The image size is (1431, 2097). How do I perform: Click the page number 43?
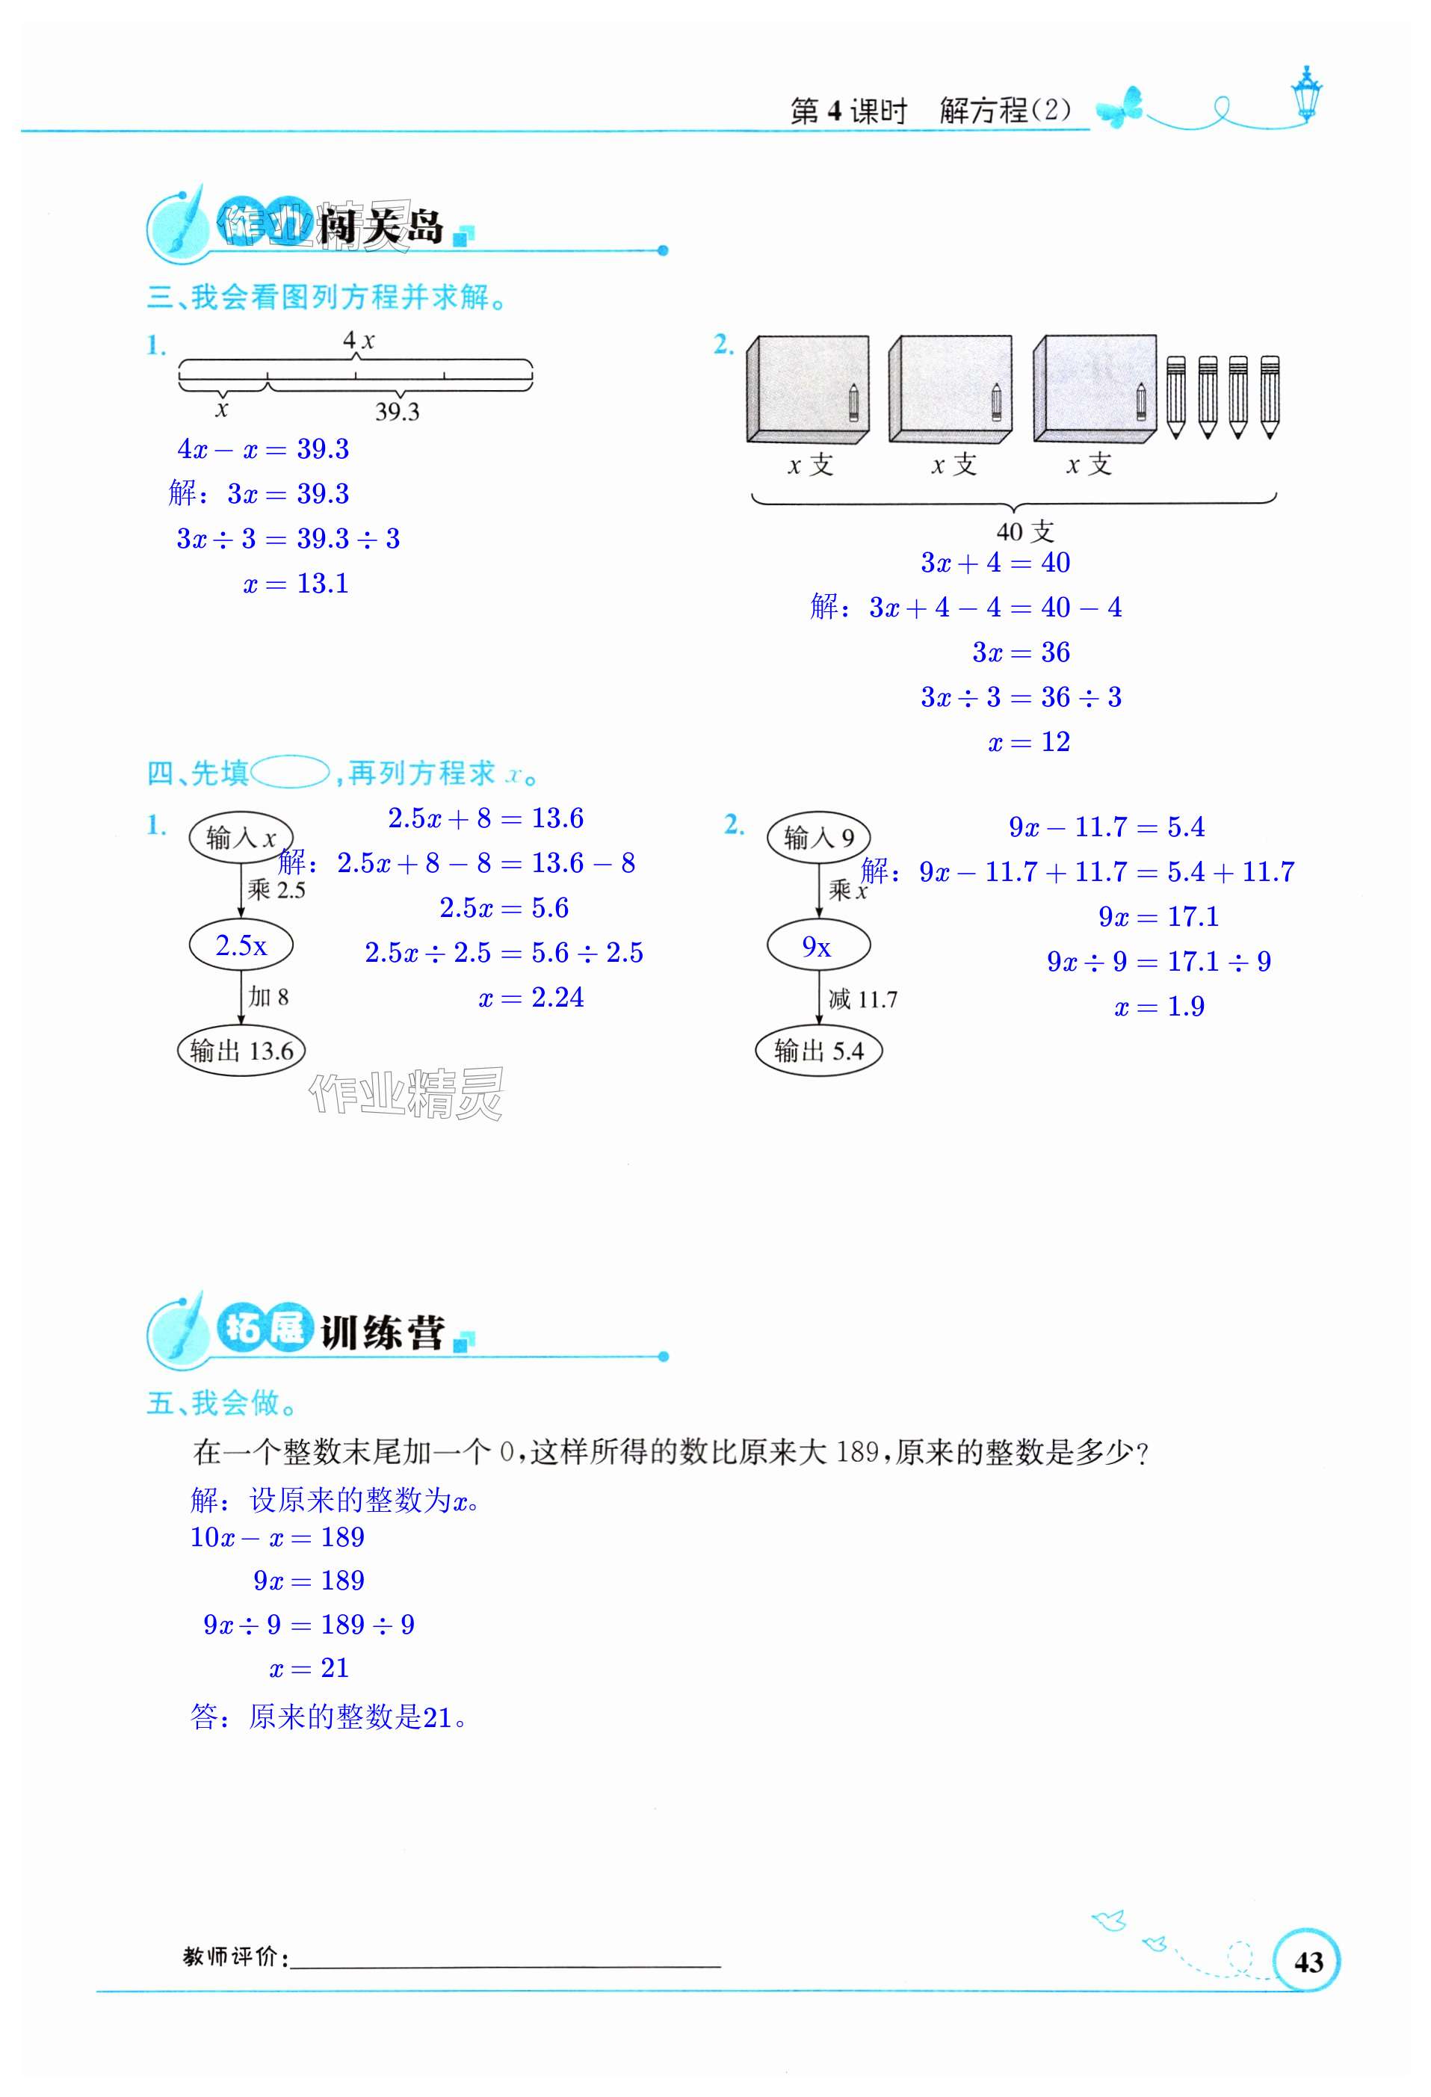pyautogui.click(x=1308, y=1962)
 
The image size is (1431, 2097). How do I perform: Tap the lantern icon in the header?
pyautogui.click(x=1305, y=94)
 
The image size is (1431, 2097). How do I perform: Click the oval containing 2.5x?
pyautogui.click(x=241, y=945)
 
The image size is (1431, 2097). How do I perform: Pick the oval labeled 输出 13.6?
pyautogui.click(x=241, y=1050)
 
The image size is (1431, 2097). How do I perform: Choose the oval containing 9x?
pyautogui.click(x=818, y=945)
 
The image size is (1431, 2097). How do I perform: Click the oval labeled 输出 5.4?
pyautogui.click(x=818, y=1050)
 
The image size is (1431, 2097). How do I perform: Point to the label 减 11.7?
pyautogui.click(x=862, y=999)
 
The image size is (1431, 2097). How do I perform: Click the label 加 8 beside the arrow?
pyautogui.click(x=268, y=996)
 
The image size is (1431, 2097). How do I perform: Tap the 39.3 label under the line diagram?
pyautogui.click(x=397, y=412)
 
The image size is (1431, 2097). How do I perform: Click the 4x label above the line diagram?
pyautogui.click(x=358, y=340)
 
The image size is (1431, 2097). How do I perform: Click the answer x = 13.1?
pyautogui.click(x=296, y=584)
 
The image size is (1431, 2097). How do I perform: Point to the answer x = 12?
pyautogui.click(x=1028, y=741)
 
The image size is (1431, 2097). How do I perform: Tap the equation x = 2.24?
pyautogui.click(x=531, y=997)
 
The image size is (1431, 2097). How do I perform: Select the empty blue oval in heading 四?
pyautogui.click(x=290, y=773)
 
